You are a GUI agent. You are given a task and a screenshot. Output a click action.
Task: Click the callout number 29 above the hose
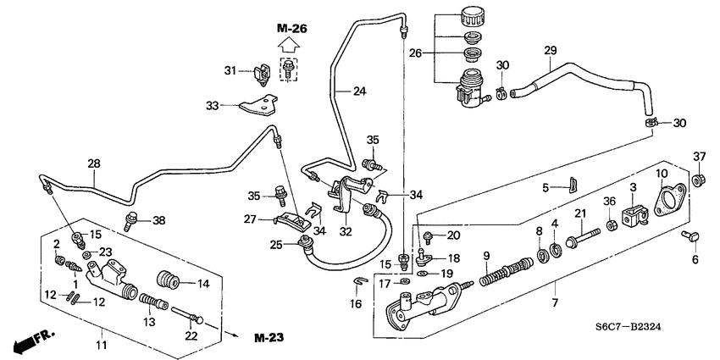pyautogui.click(x=550, y=52)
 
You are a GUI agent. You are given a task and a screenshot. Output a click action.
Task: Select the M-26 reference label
pyautogui.click(x=291, y=29)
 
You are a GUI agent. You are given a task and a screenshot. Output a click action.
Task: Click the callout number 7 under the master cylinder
pyautogui.click(x=555, y=302)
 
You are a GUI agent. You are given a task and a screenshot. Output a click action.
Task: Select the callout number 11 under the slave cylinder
pyautogui.click(x=100, y=345)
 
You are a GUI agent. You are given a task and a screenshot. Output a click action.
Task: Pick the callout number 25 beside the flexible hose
pyautogui.click(x=275, y=246)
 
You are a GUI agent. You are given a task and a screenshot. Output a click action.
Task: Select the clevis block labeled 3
pyautogui.click(x=631, y=217)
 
